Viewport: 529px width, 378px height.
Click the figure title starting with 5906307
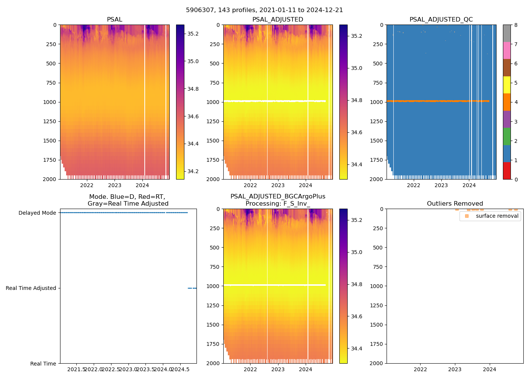pyautogui.click(x=264, y=10)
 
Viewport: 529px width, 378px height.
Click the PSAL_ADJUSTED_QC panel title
pyautogui.click(x=441, y=20)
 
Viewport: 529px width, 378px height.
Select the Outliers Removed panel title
pyautogui.click(x=455, y=204)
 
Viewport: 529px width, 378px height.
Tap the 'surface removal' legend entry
pyautogui.click(x=497, y=216)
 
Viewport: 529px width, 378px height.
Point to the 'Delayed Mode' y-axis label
pyautogui.click(x=37, y=213)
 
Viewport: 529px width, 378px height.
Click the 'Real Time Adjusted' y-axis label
pyautogui.click(x=31, y=288)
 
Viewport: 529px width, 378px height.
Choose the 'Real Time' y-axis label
pyautogui.click(x=43, y=364)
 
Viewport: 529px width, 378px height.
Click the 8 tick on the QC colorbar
pyautogui.click(x=516, y=25)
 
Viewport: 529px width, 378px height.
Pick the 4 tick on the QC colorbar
pyautogui.click(x=516, y=102)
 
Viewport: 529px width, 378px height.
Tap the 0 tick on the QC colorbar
pyautogui.click(x=516, y=179)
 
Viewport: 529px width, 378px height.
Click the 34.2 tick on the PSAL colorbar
pyautogui.click(x=193, y=171)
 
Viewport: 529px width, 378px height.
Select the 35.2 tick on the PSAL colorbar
pyautogui.click(x=193, y=34)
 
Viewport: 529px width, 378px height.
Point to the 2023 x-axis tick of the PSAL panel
pyautogui.click(x=115, y=185)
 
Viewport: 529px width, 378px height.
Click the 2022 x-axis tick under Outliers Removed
pyautogui.click(x=420, y=369)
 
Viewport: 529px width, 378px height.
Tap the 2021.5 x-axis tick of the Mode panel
pyautogui.click(x=77, y=369)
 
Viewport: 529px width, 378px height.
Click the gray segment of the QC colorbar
pyautogui.click(x=507, y=33)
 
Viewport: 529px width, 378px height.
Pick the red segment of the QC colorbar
pyautogui.click(x=507, y=171)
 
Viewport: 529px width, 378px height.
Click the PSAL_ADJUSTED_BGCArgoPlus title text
pyautogui.click(x=278, y=197)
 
